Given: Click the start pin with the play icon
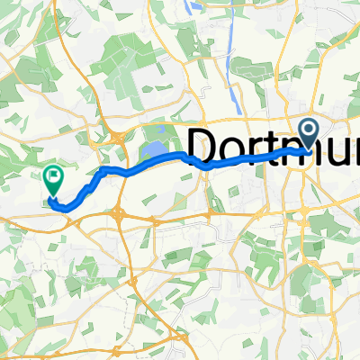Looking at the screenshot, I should (309, 134).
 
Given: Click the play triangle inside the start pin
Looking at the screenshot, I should (309, 132).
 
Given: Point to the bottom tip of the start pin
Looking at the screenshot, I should (309, 150).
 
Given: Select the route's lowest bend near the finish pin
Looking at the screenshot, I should (63, 206).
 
